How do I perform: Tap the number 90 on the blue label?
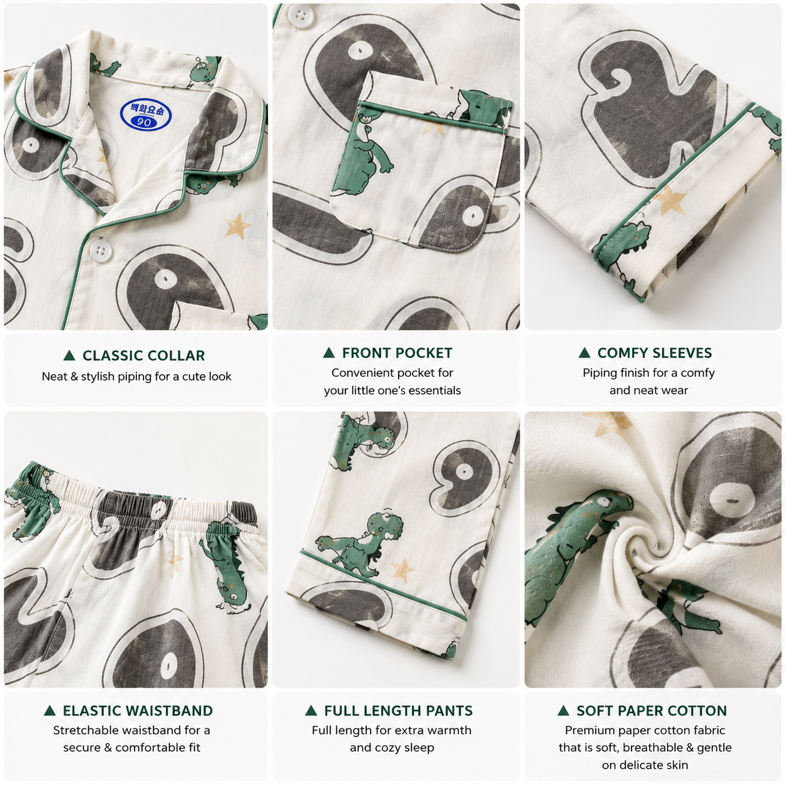pyautogui.click(x=144, y=122)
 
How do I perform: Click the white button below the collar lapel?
pyautogui.click(x=98, y=249)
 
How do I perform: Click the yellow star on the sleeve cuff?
pyautogui.click(x=670, y=200)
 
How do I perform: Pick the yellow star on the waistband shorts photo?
pyautogui.click(x=175, y=563)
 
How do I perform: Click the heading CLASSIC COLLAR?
pyautogui.click(x=144, y=356)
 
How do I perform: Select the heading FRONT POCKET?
pyautogui.click(x=397, y=353)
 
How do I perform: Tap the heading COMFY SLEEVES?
pyautogui.click(x=655, y=353)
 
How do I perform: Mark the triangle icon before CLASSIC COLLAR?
pyautogui.click(x=69, y=356)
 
